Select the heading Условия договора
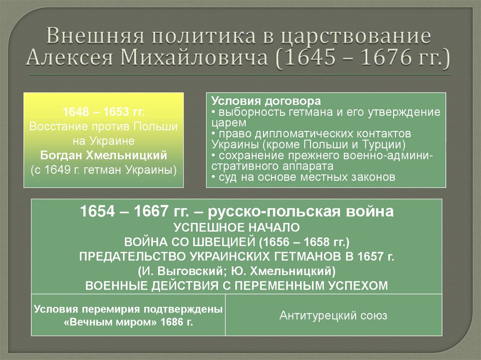(x=266, y=101)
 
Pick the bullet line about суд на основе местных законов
(x=303, y=177)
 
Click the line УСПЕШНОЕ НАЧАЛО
(x=236, y=228)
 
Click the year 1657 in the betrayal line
(x=368, y=257)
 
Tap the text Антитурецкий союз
(x=333, y=315)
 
